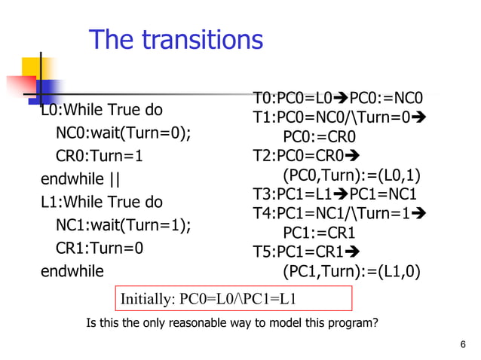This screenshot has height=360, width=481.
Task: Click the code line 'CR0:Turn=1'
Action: (100, 157)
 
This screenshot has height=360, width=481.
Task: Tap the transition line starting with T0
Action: (339, 99)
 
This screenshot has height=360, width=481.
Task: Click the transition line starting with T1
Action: (339, 117)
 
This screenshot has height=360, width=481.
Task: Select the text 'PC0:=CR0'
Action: (319, 137)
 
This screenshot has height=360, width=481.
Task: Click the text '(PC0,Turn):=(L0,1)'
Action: (351, 176)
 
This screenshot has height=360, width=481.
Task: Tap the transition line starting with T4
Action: (339, 213)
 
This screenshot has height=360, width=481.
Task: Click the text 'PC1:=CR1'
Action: (318, 233)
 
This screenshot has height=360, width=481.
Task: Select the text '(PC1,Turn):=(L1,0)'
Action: (351, 271)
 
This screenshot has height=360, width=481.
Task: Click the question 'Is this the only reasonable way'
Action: (232, 324)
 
